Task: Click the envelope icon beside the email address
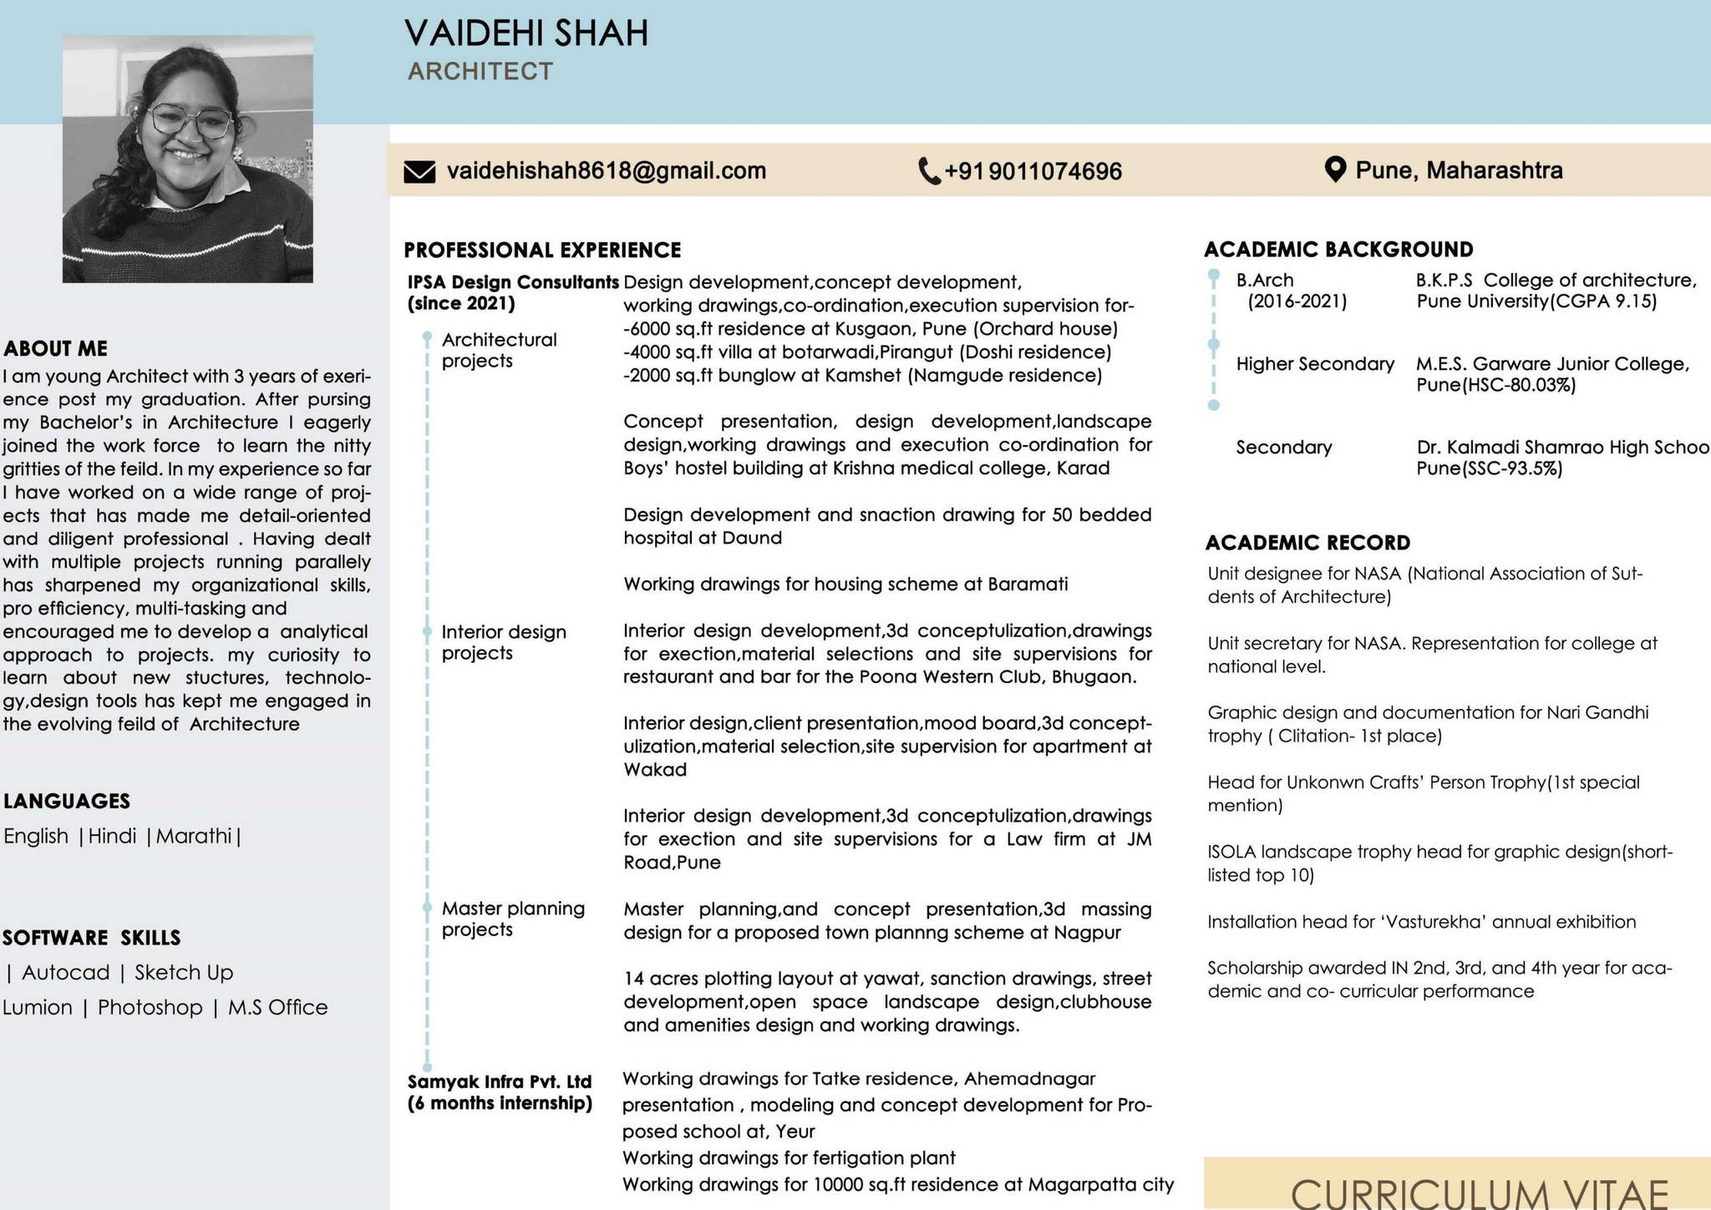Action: tap(419, 171)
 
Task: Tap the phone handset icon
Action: tap(929, 171)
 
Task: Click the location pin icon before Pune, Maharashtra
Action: tap(1335, 170)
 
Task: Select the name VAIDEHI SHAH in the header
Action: tap(526, 33)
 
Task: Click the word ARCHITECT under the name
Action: tap(480, 72)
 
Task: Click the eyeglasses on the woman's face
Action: tap(190, 122)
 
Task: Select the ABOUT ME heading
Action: tap(55, 348)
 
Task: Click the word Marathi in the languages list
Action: tap(194, 836)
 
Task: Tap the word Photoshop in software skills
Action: tap(150, 1007)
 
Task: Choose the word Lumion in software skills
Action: tap(38, 1007)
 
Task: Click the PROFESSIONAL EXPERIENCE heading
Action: tap(542, 251)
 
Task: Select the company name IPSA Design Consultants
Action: tap(513, 282)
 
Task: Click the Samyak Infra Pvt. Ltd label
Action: tap(500, 1081)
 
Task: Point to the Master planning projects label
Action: tap(513, 919)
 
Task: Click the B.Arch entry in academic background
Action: tap(1265, 281)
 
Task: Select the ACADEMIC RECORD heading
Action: tap(1307, 543)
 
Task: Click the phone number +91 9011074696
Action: tap(1033, 171)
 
